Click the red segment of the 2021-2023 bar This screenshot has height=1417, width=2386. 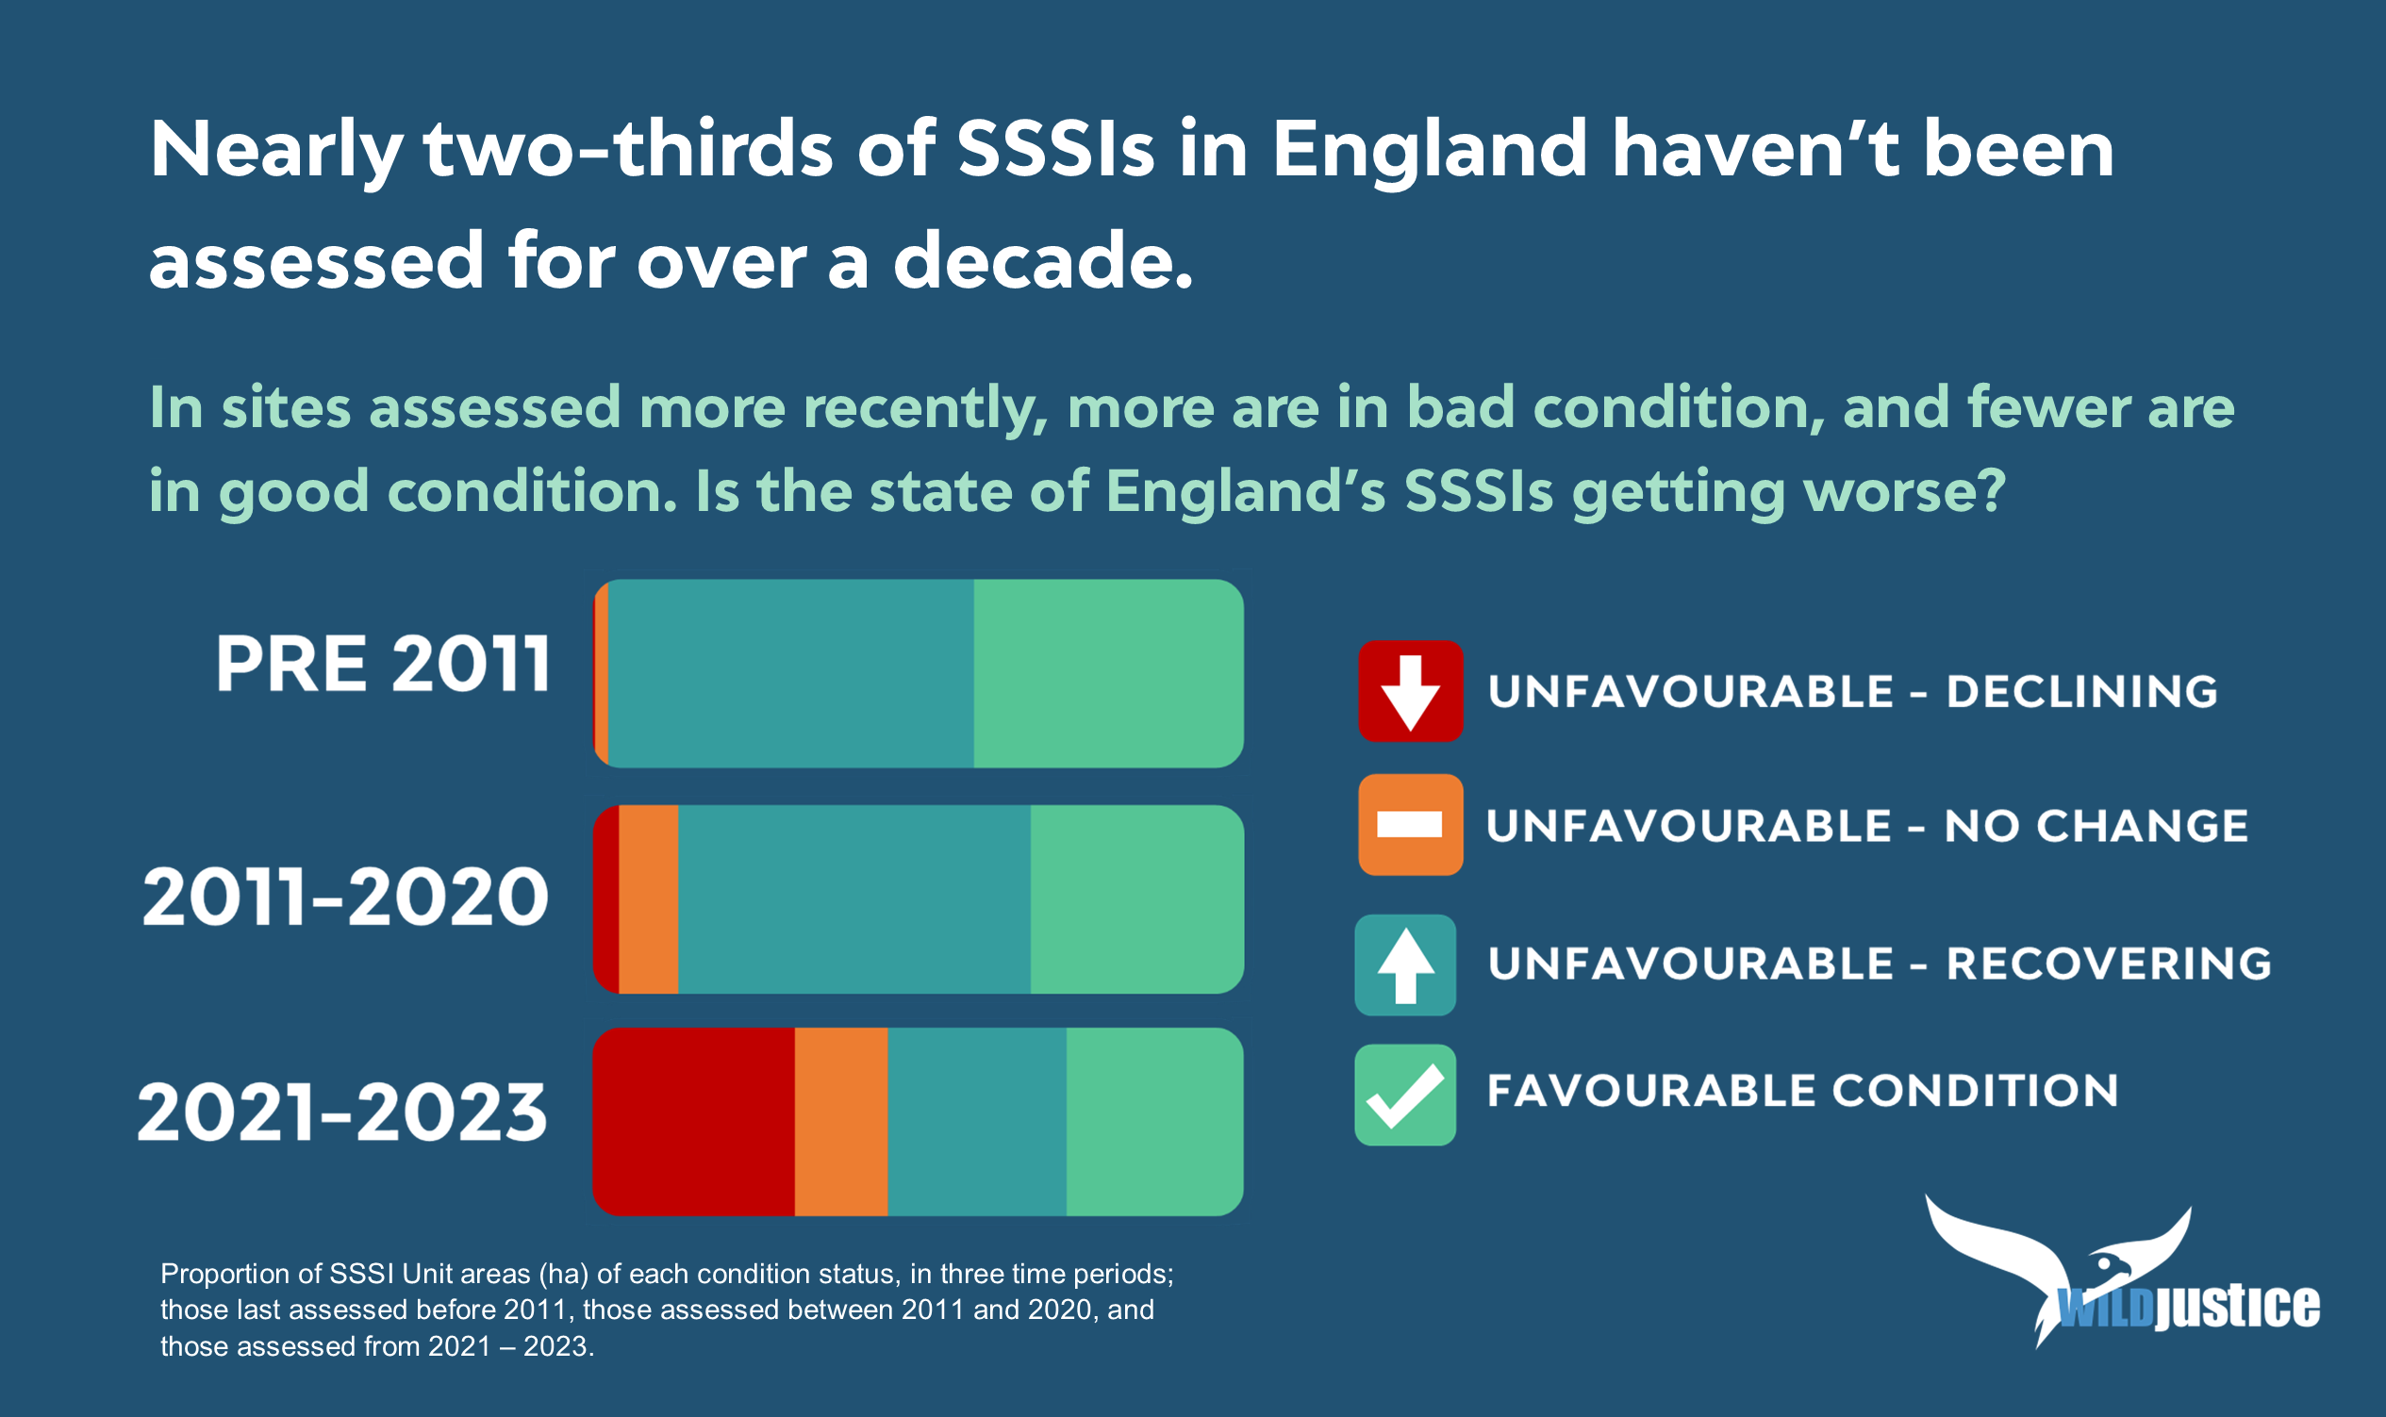click(x=693, y=1121)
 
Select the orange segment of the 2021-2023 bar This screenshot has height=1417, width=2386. click(x=841, y=1121)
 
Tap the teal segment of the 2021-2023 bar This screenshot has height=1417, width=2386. click(x=977, y=1121)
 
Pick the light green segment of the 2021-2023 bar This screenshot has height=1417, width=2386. click(x=1154, y=1121)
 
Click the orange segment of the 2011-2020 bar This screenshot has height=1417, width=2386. click(x=649, y=899)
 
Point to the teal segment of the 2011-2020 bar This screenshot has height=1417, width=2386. click(x=853, y=899)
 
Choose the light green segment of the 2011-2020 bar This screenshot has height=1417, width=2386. click(x=1136, y=899)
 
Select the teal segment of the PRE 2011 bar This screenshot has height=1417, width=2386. click(x=791, y=673)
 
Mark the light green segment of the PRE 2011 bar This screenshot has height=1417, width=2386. click(x=1109, y=673)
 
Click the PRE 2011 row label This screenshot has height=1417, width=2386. click(x=383, y=664)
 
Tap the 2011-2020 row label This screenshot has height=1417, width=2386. click(x=346, y=897)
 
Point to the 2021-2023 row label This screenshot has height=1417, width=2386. click(x=343, y=1112)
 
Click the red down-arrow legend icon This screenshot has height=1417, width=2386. click(x=1411, y=691)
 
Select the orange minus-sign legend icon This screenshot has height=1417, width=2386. click(x=1411, y=825)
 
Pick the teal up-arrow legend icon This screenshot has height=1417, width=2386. click(x=1405, y=965)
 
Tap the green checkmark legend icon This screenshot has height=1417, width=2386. click(x=1405, y=1096)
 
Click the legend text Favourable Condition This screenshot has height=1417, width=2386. click(x=1802, y=1091)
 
